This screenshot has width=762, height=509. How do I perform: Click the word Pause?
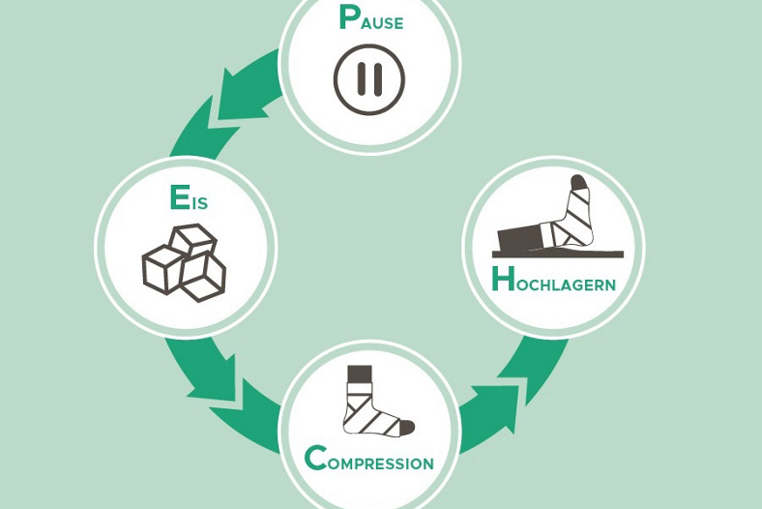[x=370, y=19]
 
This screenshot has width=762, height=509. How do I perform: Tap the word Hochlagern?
[x=553, y=282]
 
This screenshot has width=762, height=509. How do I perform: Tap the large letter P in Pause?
[x=348, y=17]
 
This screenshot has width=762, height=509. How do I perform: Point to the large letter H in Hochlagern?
[x=503, y=280]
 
